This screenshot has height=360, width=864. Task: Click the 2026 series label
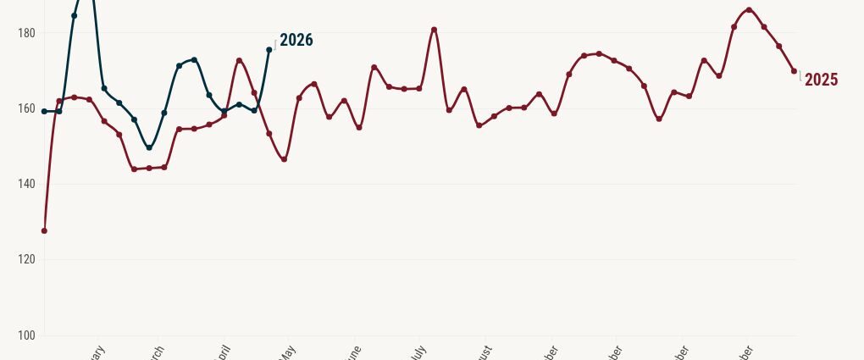pyautogui.click(x=296, y=40)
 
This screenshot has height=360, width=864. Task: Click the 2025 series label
pyautogui.click(x=821, y=80)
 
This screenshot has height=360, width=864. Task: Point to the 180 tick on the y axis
pyautogui.click(x=25, y=33)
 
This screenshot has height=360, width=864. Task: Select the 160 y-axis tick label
pyautogui.click(x=25, y=108)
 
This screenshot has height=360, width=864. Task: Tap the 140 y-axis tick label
pyautogui.click(x=25, y=184)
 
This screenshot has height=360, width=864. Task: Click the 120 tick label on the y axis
pyautogui.click(x=25, y=259)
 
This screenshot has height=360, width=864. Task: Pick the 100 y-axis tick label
pyautogui.click(x=25, y=335)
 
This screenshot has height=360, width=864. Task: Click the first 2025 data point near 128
pyautogui.click(x=44, y=230)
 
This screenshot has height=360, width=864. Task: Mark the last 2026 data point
pyautogui.click(x=269, y=50)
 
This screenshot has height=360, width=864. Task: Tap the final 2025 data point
pyautogui.click(x=794, y=71)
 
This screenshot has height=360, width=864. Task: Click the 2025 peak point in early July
pyautogui.click(x=434, y=30)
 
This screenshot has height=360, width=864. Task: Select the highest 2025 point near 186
pyautogui.click(x=749, y=10)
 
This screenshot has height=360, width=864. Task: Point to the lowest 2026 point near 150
pyautogui.click(x=149, y=147)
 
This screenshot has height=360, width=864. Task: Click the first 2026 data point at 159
pyautogui.click(x=44, y=111)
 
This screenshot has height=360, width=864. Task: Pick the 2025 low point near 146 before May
pyautogui.click(x=284, y=159)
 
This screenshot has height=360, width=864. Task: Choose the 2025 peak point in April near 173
pyautogui.click(x=239, y=61)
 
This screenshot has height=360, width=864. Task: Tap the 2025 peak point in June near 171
pyautogui.click(x=374, y=67)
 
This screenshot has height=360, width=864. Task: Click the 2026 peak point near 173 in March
pyautogui.click(x=194, y=60)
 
